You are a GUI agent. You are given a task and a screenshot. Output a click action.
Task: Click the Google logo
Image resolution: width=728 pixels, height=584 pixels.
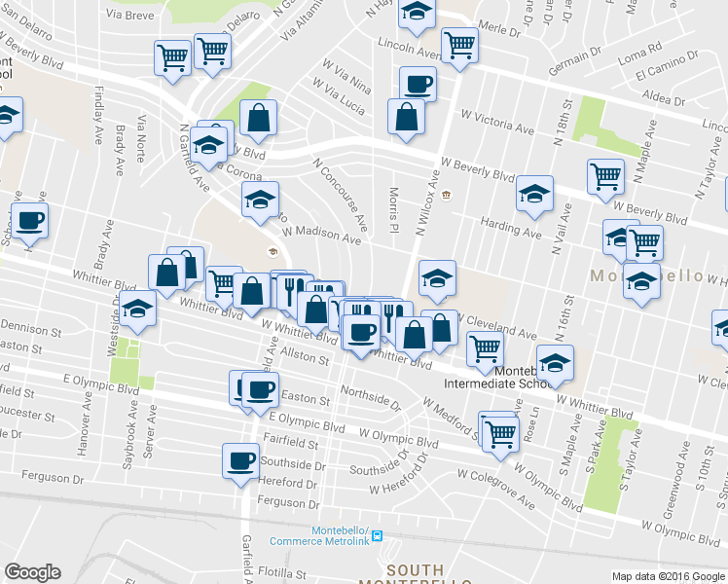(32, 572)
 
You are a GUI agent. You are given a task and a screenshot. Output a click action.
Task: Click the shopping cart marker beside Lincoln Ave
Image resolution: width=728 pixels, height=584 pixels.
(459, 44)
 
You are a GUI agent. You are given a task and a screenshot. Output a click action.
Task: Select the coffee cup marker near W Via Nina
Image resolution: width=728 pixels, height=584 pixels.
(418, 84)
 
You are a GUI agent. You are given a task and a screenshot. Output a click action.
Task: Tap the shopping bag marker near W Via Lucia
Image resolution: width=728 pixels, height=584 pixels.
(406, 117)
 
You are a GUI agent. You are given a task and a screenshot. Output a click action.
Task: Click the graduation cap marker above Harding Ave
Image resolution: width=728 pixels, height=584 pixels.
(535, 194)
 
